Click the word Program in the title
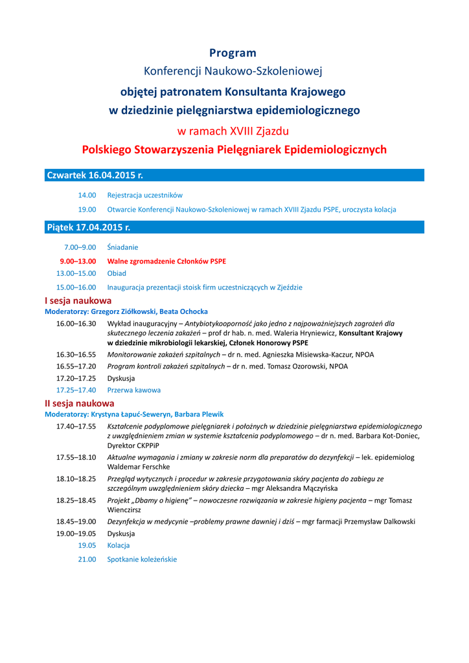click(x=233, y=53)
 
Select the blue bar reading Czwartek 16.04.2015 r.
click(x=234, y=175)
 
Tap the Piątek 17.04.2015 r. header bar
click(x=234, y=227)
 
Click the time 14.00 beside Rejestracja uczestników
click(x=87, y=195)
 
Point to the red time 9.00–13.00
click(x=78, y=261)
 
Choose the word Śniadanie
click(x=122, y=247)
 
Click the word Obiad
click(x=117, y=274)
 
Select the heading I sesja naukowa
click(x=78, y=300)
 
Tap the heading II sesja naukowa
click(x=79, y=403)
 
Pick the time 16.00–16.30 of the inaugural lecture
click(x=76, y=323)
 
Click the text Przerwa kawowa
click(x=133, y=390)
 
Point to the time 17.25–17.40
click(x=76, y=390)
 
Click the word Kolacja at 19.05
click(x=119, y=546)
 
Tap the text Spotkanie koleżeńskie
click(x=142, y=559)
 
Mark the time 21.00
click(x=87, y=559)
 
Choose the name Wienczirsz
click(x=125, y=510)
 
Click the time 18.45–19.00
click(x=76, y=521)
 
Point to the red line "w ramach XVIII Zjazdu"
click(x=233, y=131)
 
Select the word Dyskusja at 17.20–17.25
click(x=121, y=377)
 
